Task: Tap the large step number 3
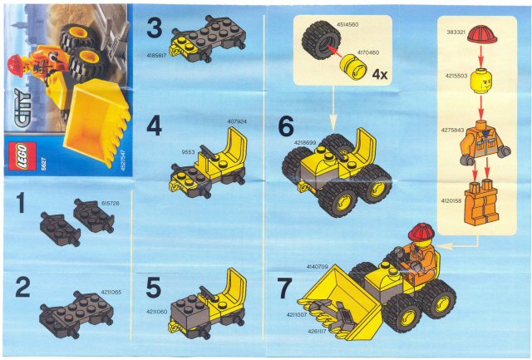click(x=154, y=28)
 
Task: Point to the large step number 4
click(x=154, y=126)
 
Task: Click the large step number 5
click(x=154, y=287)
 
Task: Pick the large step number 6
click(x=286, y=126)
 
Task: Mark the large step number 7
click(x=286, y=288)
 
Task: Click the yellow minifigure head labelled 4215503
click(x=481, y=83)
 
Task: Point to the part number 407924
click(x=236, y=122)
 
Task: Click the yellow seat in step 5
click(x=232, y=292)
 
